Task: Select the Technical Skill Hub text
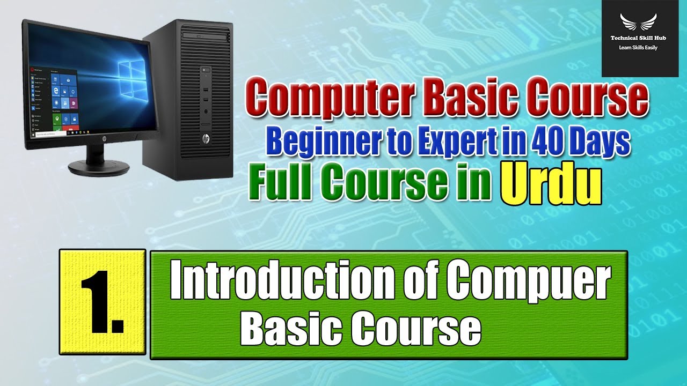(x=638, y=39)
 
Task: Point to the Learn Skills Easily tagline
(x=638, y=48)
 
